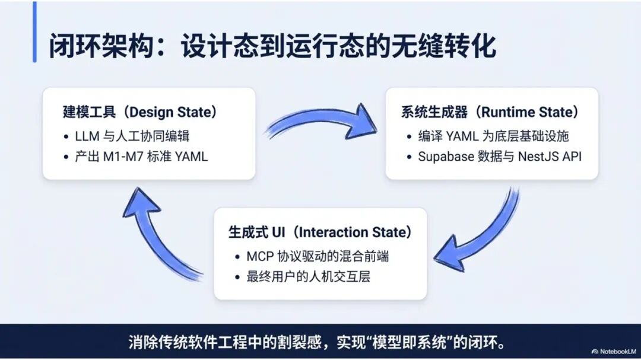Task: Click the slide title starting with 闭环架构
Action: click(x=272, y=46)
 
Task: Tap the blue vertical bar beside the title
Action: click(x=34, y=32)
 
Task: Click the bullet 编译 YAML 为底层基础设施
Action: click(x=493, y=136)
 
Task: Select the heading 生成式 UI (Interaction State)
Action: click(x=320, y=232)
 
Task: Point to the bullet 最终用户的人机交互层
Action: click(x=308, y=276)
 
